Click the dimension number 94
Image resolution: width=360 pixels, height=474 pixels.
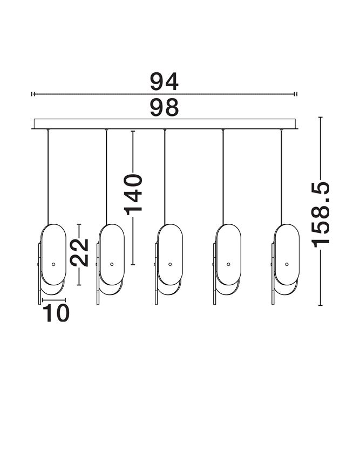tap(164, 82)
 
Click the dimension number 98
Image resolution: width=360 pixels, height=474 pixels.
tap(164, 108)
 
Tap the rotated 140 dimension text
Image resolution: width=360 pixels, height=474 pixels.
tap(133, 194)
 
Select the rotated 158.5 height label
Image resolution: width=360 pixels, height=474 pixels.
tap(321, 215)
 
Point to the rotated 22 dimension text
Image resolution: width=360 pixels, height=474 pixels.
tap(79, 252)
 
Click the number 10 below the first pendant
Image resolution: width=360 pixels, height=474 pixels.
tap(57, 313)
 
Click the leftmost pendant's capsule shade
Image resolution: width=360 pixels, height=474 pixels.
tap(53, 255)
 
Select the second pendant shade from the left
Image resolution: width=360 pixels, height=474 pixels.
tap(112, 255)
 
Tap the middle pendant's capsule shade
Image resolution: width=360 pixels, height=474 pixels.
tap(170, 255)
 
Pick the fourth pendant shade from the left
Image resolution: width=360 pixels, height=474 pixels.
tap(228, 255)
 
